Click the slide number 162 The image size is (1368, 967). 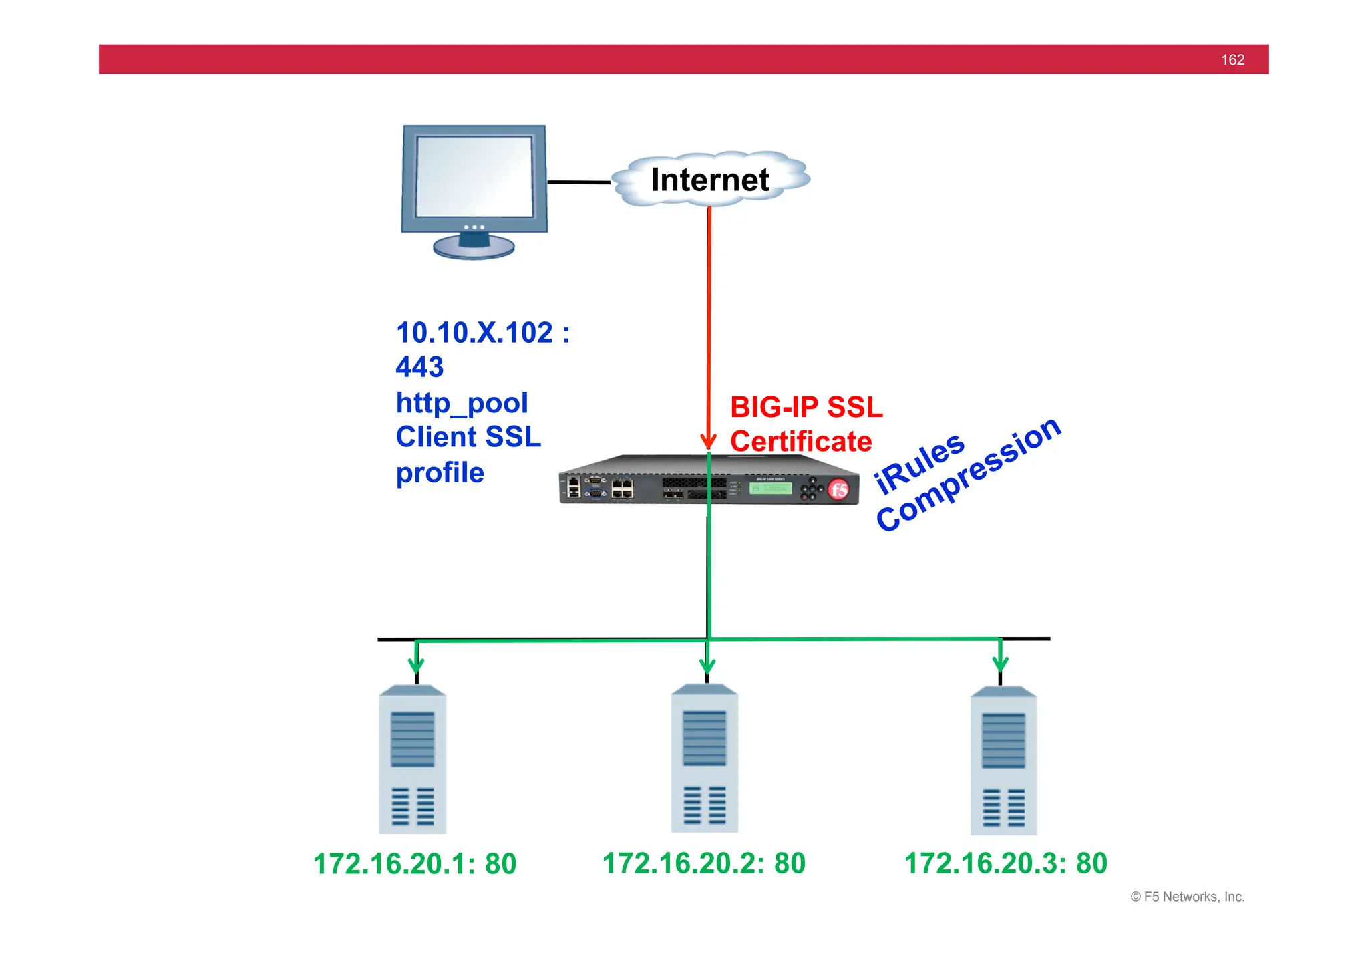(1232, 60)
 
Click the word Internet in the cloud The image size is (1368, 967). (710, 180)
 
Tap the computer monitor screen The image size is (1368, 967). (474, 176)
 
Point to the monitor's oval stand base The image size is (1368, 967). (474, 247)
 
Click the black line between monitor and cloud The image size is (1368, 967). (578, 182)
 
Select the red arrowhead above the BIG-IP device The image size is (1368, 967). (708, 441)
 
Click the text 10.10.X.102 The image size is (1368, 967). (474, 333)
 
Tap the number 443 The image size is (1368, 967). (419, 367)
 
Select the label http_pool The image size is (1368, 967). (462, 402)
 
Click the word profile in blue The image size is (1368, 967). (440, 472)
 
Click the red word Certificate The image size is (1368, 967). (801, 442)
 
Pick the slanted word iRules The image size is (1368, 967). (920, 462)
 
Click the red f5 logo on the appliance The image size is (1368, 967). (839, 489)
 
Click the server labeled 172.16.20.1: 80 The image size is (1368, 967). (412, 761)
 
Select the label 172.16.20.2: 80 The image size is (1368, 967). (704, 863)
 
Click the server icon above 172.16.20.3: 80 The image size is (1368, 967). (1003, 762)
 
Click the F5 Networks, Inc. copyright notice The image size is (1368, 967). (1187, 897)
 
